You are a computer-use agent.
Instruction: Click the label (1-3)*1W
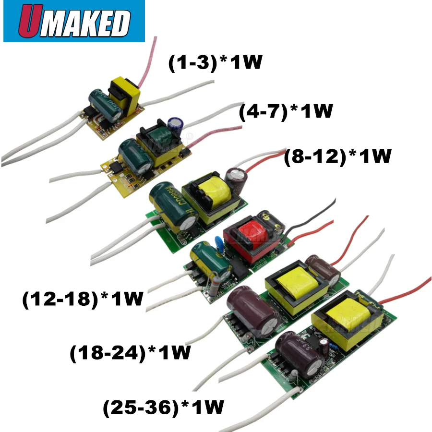tap(215, 63)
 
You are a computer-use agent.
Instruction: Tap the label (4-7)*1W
tap(286, 112)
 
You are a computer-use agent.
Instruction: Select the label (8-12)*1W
tap(338, 156)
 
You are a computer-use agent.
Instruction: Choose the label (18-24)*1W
tap(130, 353)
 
